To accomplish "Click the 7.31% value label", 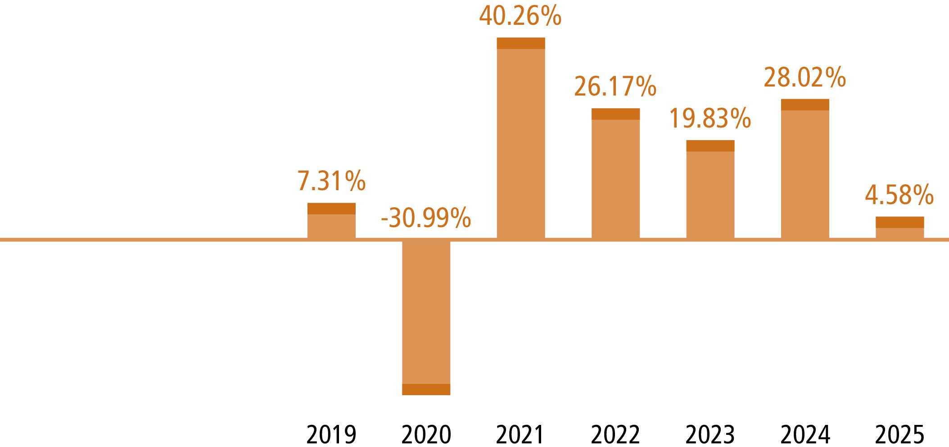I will pyautogui.click(x=331, y=181).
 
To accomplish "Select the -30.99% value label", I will pyautogui.click(x=426, y=219).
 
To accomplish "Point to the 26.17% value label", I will pyautogui.click(x=615, y=87).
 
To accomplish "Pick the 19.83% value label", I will pyautogui.click(x=710, y=119).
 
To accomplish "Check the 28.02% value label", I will pyautogui.click(x=805, y=78).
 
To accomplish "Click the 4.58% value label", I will pyautogui.click(x=899, y=196).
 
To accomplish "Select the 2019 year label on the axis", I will pyautogui.click(x=331, y=435).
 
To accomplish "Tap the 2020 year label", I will pyautogui.click(x=426, y=435).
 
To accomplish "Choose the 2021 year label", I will pyautogui.click(x=520, y=435).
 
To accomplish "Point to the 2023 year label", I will pyautogui.click(x=710, y=435).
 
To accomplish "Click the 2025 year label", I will pyautogui.click(x=899, y=435).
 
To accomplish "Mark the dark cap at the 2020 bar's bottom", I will pyautogui.click(x=426, y=389).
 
